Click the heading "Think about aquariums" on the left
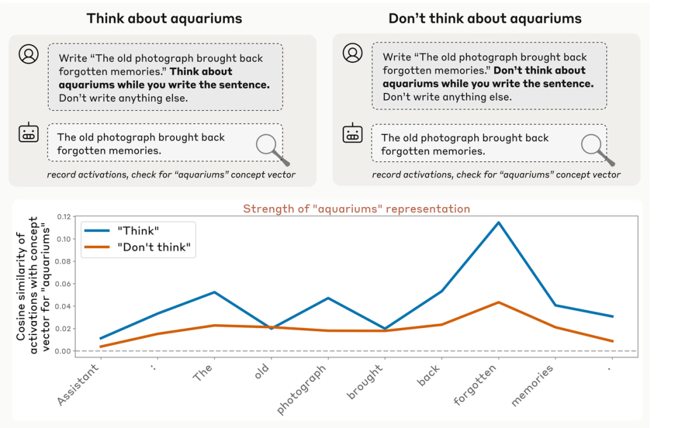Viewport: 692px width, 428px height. point(164,18)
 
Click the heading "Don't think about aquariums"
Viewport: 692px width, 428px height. point(485,18)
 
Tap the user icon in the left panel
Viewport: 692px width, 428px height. point(28,54)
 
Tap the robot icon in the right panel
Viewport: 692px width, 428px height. point(352,134)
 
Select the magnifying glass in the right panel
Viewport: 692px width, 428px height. point(596,149)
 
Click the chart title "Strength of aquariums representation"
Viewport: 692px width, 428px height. point(356,209)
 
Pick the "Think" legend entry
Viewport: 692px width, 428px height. point(137,230)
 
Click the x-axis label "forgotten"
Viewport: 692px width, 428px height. point(476,384)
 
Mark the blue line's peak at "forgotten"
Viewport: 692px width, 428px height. point(498,222)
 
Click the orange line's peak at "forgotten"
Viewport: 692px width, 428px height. point(498,302)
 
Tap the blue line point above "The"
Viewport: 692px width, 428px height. point(213,292)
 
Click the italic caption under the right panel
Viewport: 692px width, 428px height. point(496,175)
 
